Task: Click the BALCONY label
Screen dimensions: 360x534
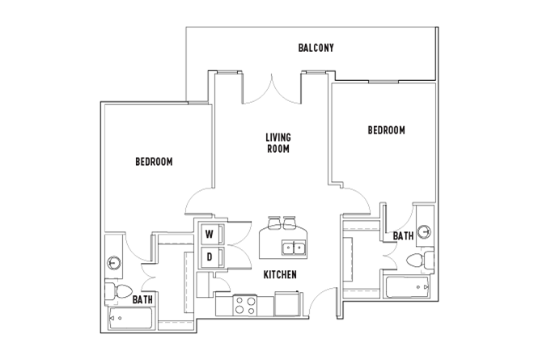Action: (316, 49)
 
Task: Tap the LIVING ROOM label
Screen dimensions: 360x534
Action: (278, 143)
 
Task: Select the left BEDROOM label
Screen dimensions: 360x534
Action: (154, 162)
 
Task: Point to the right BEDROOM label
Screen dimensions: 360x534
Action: (386, 130)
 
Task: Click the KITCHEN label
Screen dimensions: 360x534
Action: (280, 275)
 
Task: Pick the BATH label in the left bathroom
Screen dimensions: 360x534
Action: (144, 299)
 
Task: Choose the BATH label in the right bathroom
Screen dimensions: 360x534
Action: (403, 235)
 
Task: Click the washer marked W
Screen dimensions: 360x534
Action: (209, 235)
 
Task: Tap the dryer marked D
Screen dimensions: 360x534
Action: (209, 257)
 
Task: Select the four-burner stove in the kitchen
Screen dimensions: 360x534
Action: (245, 305)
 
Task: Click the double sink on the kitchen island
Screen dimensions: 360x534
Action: (292, 248)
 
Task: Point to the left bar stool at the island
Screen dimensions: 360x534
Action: (272, 222)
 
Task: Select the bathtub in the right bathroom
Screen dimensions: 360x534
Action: (408, 287)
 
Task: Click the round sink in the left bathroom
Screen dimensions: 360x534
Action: (114, 262)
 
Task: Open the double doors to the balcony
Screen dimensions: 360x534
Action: (273, 87)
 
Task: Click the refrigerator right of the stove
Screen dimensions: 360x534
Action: (286, 304)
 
